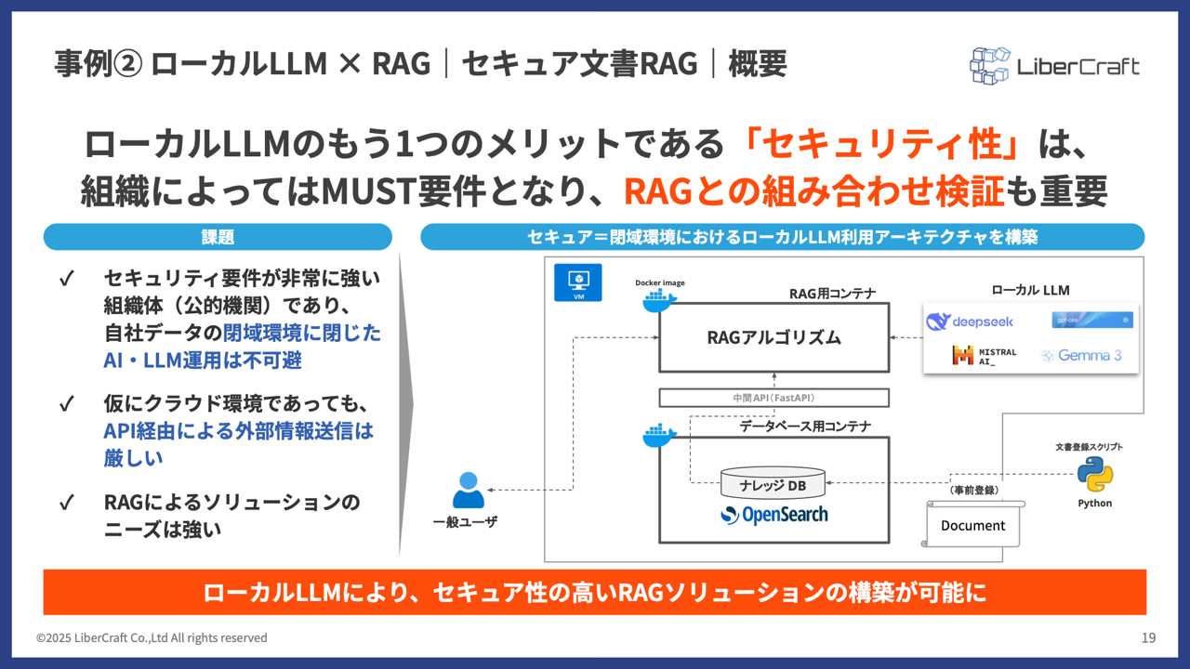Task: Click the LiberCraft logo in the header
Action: (1054, 66)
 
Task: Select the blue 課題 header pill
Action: (218, 237)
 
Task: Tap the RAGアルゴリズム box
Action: (773, 337)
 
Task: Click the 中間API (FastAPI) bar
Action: (773, 398)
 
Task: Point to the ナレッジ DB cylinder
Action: (773, 484)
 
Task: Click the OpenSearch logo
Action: (773, 515)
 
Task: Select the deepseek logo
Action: (971, 321)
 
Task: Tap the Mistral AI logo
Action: (984, 355)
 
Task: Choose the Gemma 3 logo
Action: (1081, 355)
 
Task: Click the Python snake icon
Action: (1094, 475)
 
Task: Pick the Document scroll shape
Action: (973, 525)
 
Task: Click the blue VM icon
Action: (577, 281)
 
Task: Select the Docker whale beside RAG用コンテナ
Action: (659, 300)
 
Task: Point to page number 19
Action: (1148, 637)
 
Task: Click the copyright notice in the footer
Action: (152, 637)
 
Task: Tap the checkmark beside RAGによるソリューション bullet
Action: (66, 503)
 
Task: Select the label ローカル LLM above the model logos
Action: (1030, 290)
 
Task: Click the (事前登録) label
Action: (973, 490)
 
